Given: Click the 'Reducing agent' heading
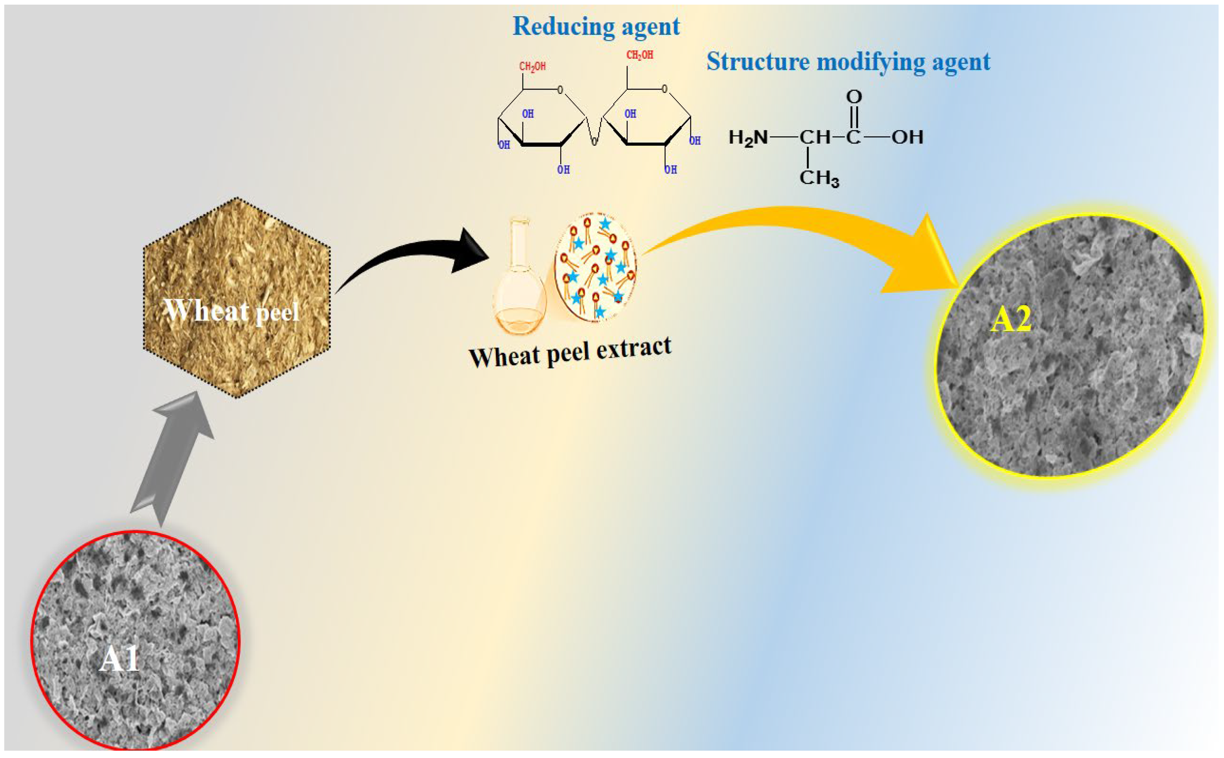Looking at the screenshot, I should point(596,26).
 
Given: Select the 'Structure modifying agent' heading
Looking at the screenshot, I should point(848,62).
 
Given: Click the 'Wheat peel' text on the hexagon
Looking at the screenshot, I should point(231,311).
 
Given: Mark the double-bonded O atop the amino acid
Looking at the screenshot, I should point(854,96).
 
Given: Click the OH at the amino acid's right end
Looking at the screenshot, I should point(907,137).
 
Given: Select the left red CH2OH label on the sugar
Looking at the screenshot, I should point(532,66).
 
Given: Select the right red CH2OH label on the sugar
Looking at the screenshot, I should point(639,55).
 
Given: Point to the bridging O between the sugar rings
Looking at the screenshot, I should point(594,142).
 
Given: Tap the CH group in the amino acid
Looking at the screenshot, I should point(815,137).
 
